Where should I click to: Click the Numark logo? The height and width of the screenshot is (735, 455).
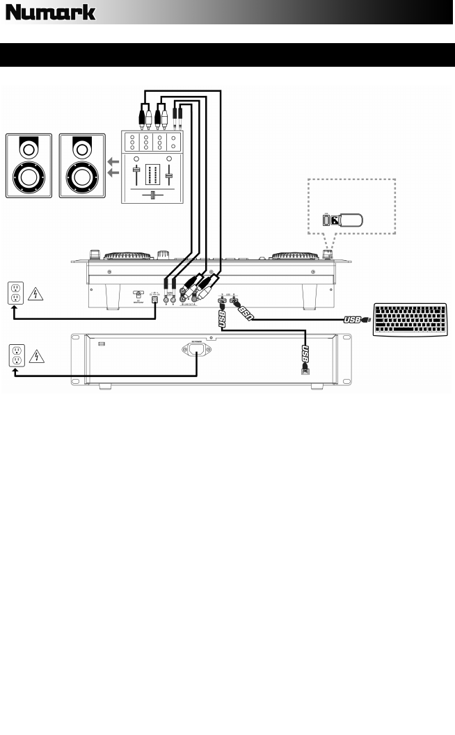pos(51,13)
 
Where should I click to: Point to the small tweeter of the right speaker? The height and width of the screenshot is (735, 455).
pos(83,148)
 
